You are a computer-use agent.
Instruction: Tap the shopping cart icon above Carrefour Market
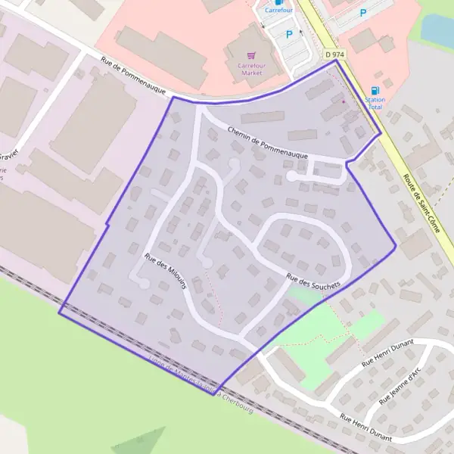click(251, 55)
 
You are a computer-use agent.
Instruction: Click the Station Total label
click(375, 103)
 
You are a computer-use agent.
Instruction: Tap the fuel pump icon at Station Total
click(375, 90)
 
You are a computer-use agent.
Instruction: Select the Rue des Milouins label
click(167, 274)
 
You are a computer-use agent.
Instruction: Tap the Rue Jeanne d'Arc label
click(406, 383)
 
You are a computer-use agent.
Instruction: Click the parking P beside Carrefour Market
click(289, 34)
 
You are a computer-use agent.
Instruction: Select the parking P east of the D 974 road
click(363, 13)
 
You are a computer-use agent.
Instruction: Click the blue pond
click(439, 30)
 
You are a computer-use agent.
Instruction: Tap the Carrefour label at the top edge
click(278, 11)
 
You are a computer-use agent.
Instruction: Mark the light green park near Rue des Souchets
click(333, 333)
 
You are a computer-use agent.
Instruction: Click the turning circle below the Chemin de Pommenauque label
click(291, 177)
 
